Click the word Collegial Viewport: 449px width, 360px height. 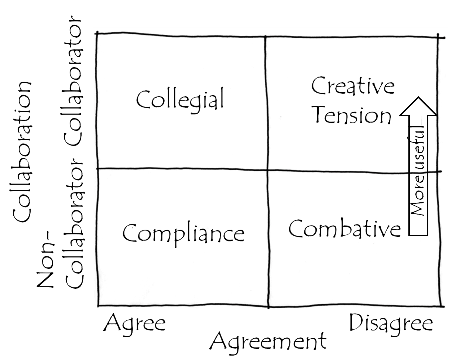pos(180,100)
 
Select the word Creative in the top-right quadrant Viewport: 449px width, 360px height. pos(353,86)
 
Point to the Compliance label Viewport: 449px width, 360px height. pos(184,235)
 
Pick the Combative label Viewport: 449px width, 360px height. pos(345,228)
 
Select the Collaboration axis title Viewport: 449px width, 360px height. pos(22,151)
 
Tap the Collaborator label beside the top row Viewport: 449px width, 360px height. pos(73,80)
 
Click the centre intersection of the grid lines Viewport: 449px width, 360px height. pos(267,169)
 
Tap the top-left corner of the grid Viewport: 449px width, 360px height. pos(97,33)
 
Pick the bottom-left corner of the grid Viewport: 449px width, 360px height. pos(99,306)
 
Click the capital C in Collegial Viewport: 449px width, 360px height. pos(144,100)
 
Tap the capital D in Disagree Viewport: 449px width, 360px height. pos(357,322)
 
